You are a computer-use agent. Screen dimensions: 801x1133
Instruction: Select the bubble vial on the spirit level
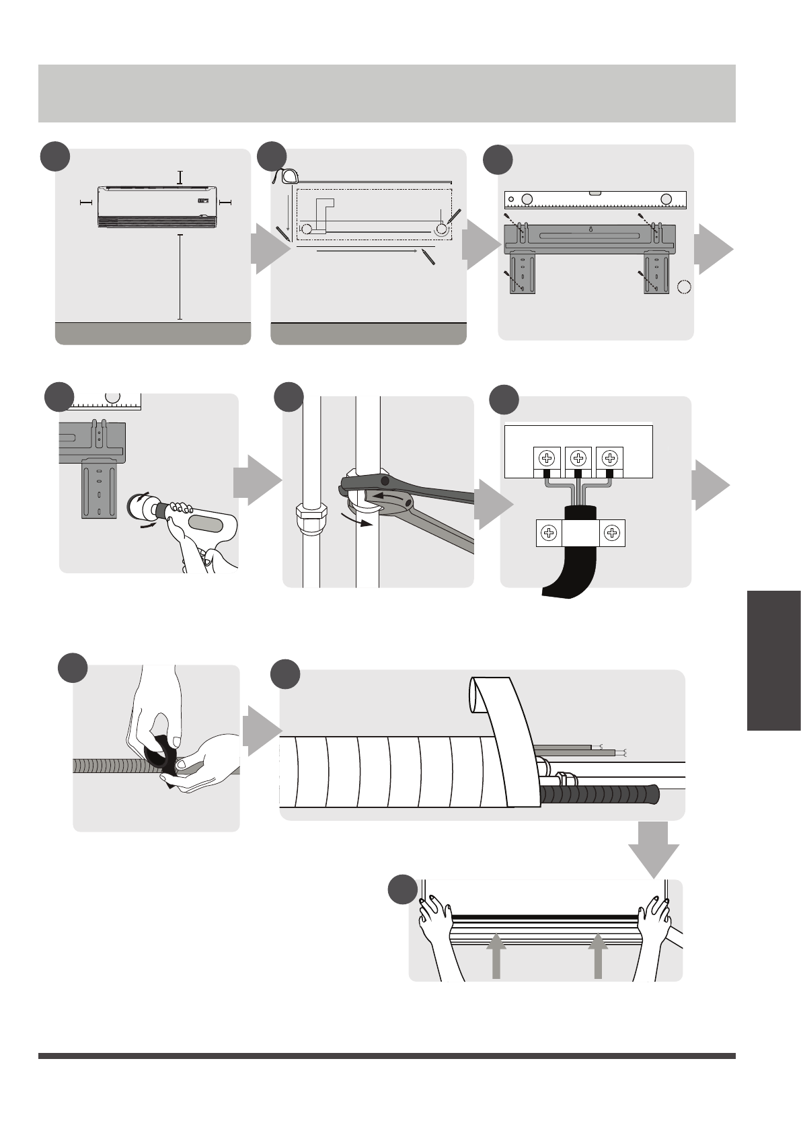[x=596, y=194]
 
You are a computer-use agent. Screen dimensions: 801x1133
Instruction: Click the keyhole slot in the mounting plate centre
[x=590, y=229]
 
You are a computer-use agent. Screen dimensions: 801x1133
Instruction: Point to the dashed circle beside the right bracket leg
[x=684, y=287]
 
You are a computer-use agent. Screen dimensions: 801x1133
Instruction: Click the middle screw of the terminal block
[x=578, y=458]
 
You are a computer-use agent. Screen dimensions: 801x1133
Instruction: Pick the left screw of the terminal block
[x=547, y=458]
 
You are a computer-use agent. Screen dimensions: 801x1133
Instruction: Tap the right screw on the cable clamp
[x=611, y=533]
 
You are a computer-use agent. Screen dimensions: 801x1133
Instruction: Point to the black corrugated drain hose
[x=599, y=795]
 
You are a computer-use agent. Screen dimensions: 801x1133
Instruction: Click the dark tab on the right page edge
[x=773, y=660]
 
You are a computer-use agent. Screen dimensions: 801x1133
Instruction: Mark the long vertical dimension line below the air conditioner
[x=180, y=276]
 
